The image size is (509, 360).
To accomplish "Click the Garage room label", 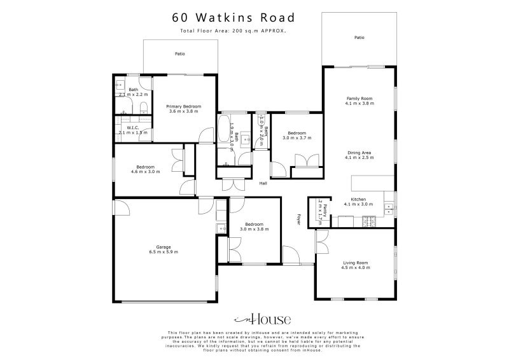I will point(164,247).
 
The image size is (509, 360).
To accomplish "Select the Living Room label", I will point(356,262).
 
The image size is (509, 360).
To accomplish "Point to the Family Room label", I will point(359,99).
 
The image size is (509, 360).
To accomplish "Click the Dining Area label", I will point(359,153).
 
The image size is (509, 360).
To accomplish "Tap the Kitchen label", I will point(359,199).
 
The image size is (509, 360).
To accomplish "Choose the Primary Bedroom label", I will point(184,106).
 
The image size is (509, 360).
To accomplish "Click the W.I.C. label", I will point(132,127).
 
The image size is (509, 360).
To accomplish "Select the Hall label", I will point(263,183).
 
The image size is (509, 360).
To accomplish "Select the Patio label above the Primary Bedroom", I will point(180,54).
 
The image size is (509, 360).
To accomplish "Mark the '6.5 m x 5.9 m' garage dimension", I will point(164,252).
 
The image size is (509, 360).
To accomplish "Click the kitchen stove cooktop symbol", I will point(368,221).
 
